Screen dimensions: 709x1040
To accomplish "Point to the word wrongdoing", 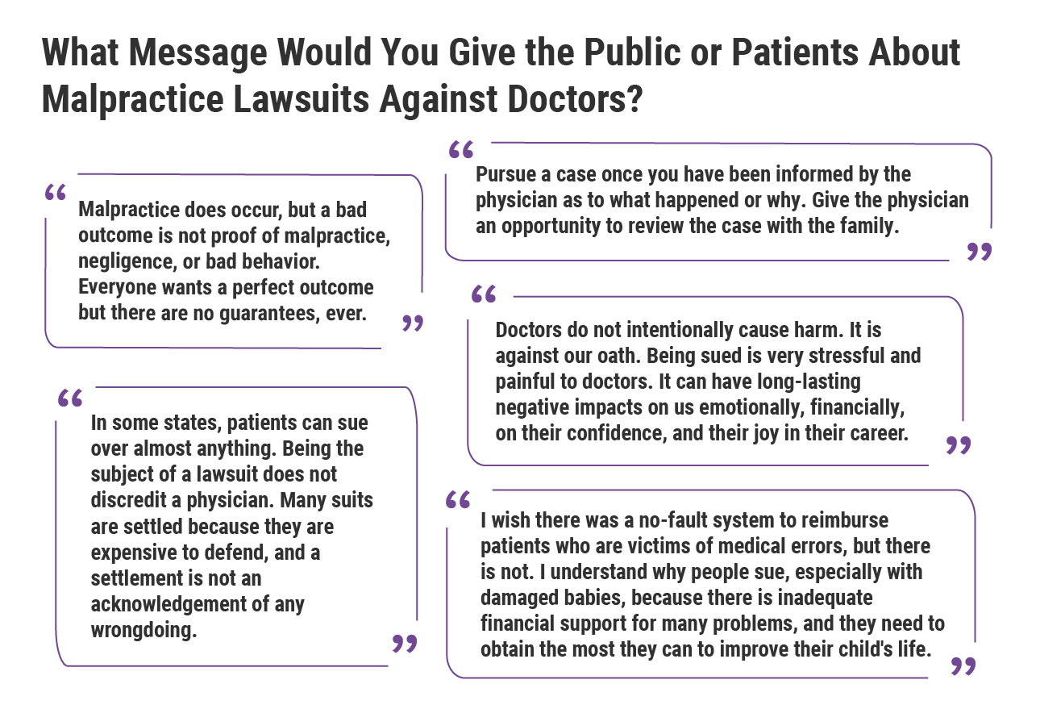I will [x=144, y=630].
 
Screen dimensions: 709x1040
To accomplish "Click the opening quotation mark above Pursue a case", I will [x=460, y=150].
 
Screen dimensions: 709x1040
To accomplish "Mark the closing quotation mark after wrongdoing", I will [x=404, y=643].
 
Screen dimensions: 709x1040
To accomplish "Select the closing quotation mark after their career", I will [x=958, y=444].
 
